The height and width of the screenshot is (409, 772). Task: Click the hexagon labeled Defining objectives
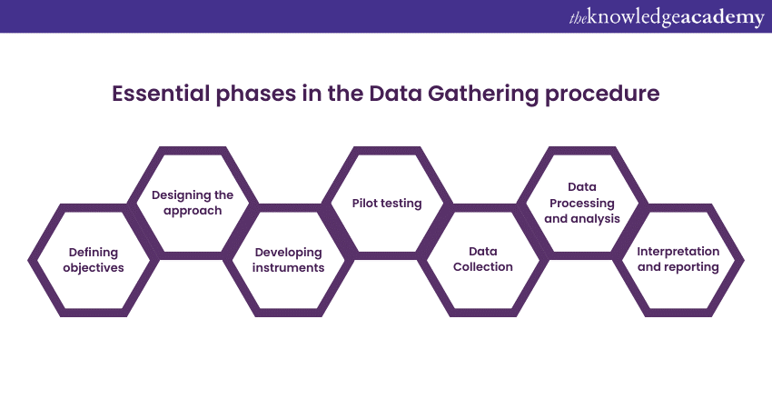(96, 260)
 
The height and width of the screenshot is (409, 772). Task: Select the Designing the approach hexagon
(193, 202)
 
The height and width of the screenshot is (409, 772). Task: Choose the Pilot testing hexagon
(387, 203)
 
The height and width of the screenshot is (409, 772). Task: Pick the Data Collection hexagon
(484, 260)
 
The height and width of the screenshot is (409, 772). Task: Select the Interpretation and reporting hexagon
(678, 260)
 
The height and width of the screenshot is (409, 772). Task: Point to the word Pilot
(367, 203)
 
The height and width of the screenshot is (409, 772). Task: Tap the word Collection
(484, 267)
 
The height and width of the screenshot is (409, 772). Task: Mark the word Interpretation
(678, 251)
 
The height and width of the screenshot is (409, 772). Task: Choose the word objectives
(96, 268)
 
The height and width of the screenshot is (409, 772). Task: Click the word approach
(193, 210)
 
